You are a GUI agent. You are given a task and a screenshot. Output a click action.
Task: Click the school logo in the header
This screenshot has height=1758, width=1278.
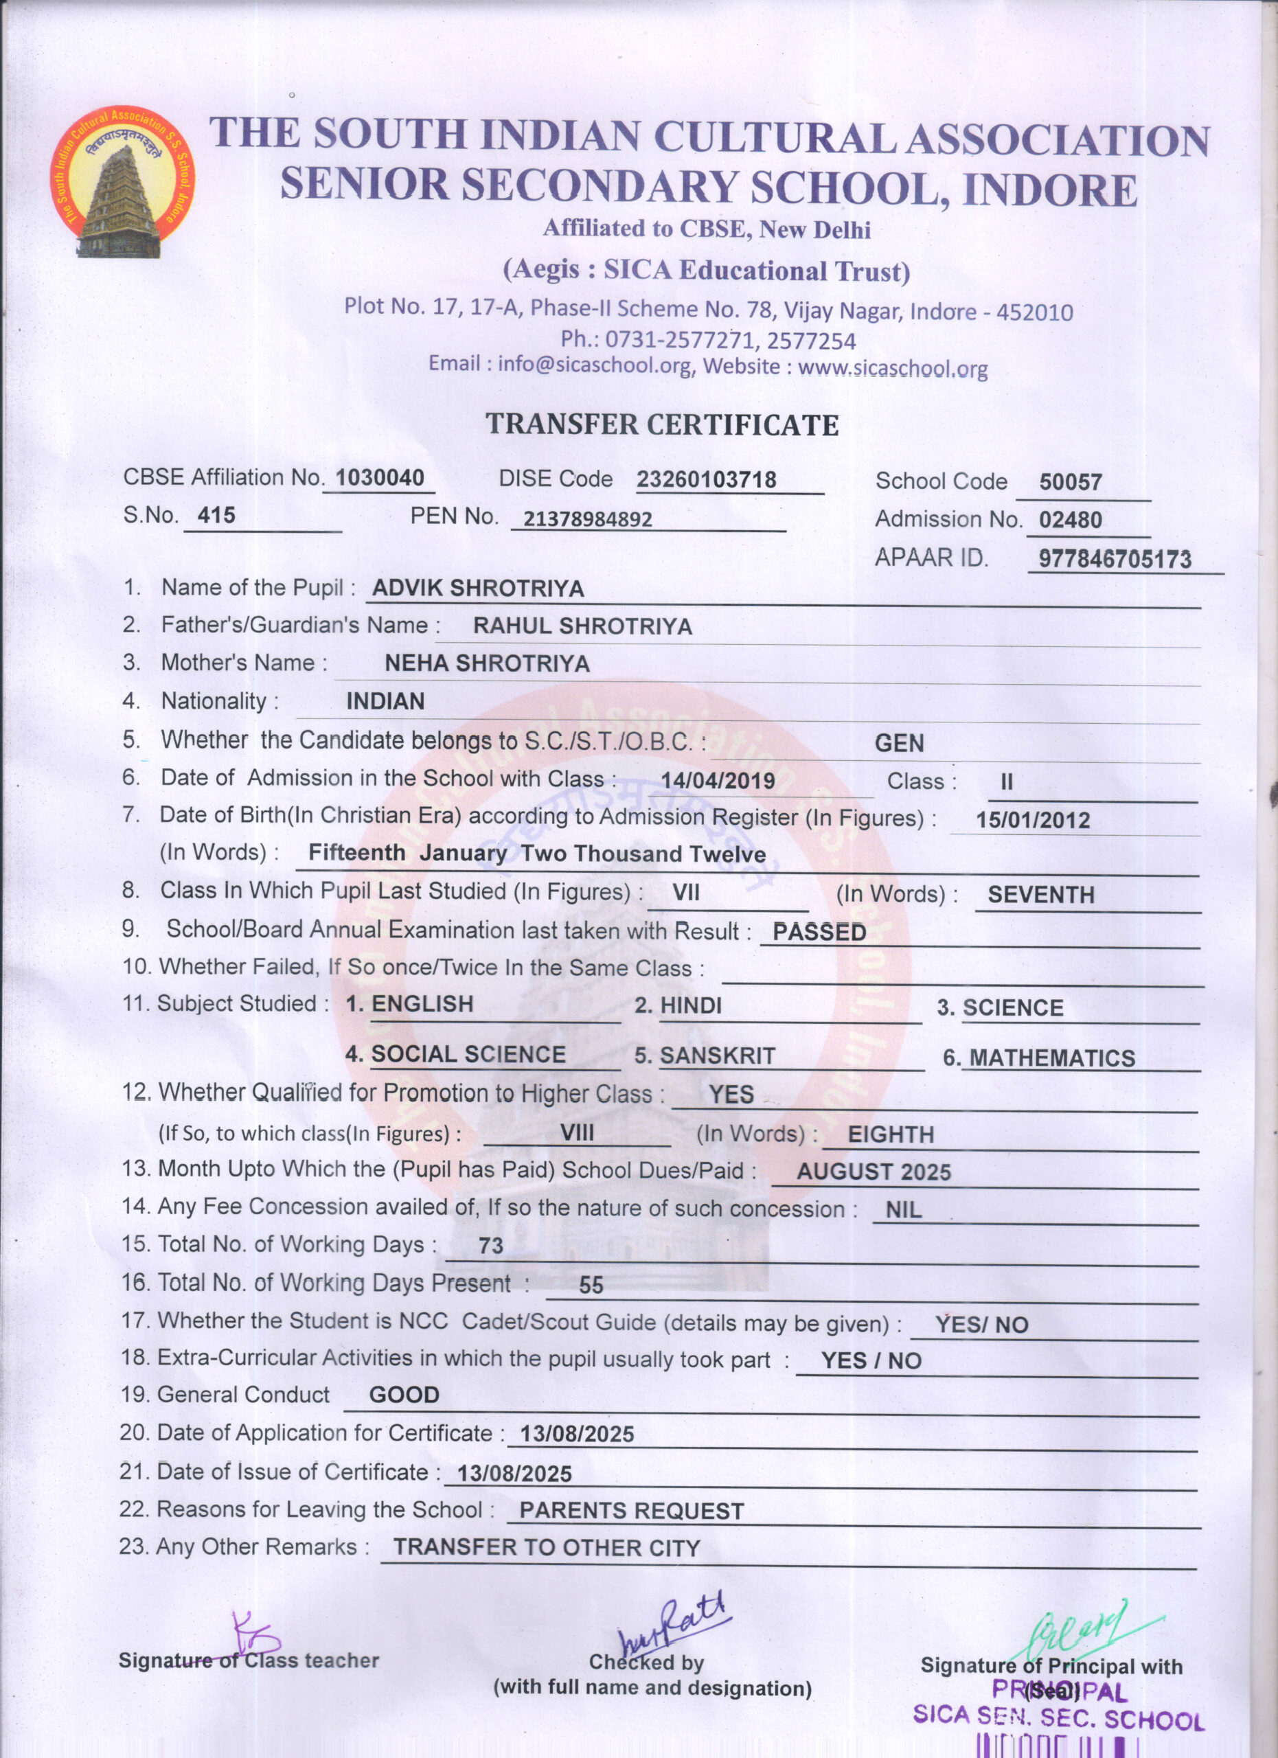click(122, 183)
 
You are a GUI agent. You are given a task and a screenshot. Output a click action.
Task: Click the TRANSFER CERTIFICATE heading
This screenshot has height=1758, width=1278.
click(662, 425)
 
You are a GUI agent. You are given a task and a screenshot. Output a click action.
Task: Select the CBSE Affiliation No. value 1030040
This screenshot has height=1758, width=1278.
click(380, 477)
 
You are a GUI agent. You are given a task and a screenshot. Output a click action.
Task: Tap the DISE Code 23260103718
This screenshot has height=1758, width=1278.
click(706, 480)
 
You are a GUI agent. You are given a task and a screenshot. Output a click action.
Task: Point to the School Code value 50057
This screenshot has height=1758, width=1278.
click(1071, 482)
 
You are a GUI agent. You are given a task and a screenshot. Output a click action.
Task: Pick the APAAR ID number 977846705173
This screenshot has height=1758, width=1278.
click(1115, 559)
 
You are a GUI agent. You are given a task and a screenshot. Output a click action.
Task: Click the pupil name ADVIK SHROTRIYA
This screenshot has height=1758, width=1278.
click(477, 589)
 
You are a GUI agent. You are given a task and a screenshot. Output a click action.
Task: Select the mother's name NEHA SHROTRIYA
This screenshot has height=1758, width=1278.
click(487, 663)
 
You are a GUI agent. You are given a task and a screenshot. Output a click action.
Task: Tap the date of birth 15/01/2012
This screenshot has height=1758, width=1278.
click(1032, 820)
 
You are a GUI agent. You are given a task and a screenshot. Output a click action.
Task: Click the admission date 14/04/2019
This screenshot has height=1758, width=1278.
click(717, 781)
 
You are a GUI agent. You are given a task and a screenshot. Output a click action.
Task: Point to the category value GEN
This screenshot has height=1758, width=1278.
click(899, 743)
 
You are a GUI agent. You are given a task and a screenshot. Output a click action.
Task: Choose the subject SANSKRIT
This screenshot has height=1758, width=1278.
click(717, 1055)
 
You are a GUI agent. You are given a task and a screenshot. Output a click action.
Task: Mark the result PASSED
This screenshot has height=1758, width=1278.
click(819, 932)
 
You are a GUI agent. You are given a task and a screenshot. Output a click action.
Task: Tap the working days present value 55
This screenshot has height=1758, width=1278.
click(591, 1286)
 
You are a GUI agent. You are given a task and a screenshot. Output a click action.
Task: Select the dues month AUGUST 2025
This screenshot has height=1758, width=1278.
click(874, 1172)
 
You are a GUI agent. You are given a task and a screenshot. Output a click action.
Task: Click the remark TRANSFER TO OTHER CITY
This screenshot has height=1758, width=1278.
click(547, 1548)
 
